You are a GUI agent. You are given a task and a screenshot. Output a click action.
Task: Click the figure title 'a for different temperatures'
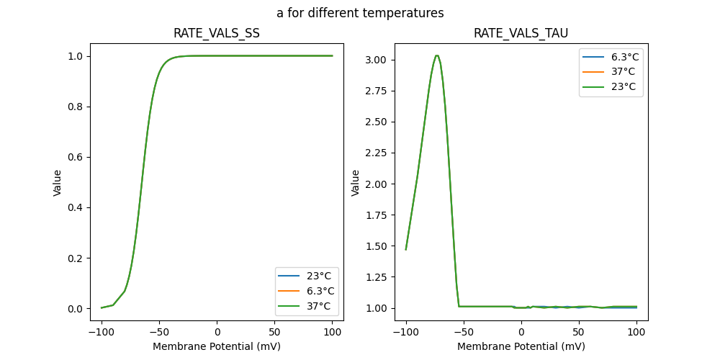360,13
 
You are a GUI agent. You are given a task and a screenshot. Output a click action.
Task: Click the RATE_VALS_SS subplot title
217,33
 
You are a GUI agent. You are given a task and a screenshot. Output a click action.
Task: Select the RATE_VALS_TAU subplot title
521,33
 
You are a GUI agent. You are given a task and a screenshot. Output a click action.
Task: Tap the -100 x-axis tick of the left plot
102,332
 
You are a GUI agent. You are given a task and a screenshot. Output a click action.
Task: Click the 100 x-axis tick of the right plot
636,332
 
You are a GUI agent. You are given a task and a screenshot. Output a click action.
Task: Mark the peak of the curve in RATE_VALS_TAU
436,55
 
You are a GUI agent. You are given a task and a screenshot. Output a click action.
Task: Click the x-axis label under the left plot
217,346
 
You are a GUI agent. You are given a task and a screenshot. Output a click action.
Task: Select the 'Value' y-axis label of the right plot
356,183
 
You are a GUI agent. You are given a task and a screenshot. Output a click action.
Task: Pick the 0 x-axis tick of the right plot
521,332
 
